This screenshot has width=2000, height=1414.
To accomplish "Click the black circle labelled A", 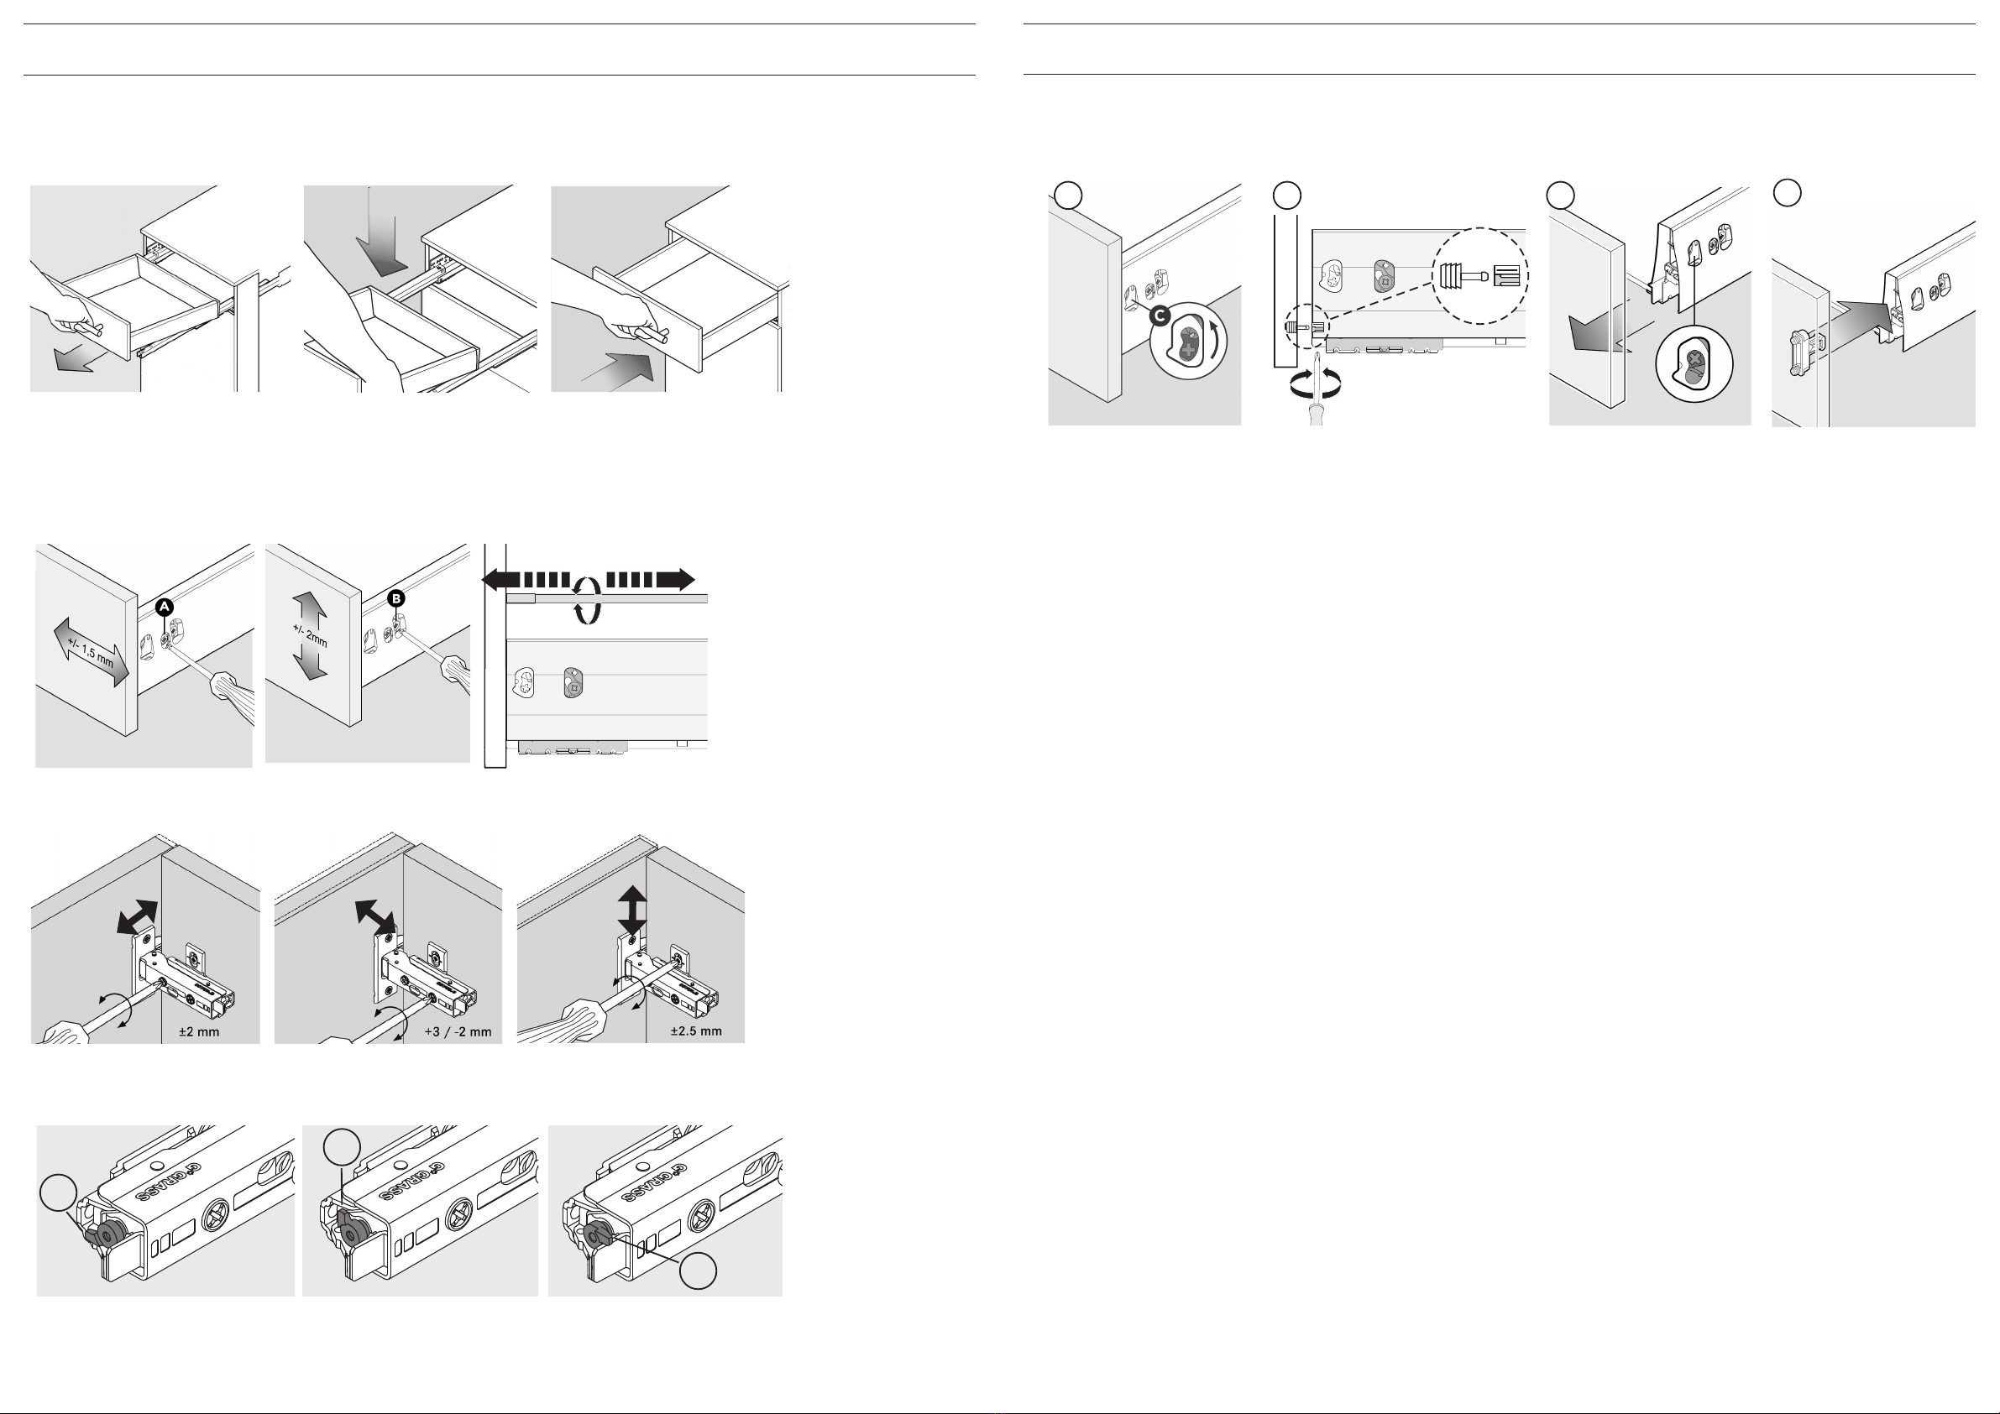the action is [165, 607].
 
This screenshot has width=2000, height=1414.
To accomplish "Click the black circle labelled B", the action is [396, 599].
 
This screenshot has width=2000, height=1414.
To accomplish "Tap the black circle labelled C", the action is [1160, 316].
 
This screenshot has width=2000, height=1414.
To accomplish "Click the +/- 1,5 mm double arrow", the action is [92, 653].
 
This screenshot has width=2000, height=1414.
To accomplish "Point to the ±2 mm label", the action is [199, 1032].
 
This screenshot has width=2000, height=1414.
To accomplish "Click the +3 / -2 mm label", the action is [458, 1032].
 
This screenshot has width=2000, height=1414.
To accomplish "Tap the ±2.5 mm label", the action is [696, 1032].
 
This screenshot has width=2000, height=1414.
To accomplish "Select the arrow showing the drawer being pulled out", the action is [73, 357].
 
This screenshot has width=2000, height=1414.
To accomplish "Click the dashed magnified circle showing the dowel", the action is [1479, 275].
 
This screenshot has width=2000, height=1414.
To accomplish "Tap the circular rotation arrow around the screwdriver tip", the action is [1316, 381].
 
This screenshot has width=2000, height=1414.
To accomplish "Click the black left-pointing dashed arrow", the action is [526, 580].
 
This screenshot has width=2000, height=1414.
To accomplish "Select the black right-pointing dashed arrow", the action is [651, 580].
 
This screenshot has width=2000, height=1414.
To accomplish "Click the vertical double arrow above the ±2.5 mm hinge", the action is [632, 910].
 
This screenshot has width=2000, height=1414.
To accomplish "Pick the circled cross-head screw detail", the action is [1694, 364].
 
